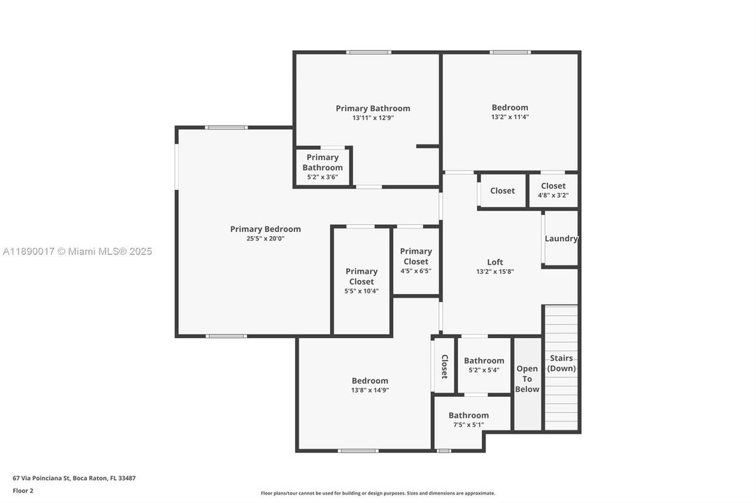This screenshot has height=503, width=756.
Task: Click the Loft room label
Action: [x=495, y=262]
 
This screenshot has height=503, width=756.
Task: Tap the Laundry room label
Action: [x=561, y=238]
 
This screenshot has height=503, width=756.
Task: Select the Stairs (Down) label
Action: [x=561, y=363]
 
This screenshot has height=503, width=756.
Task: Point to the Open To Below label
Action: [x=527, y=379]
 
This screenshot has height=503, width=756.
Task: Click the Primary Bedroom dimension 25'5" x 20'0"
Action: [x=265, y=238]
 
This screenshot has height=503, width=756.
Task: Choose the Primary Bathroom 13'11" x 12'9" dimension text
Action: [x=373, y=118]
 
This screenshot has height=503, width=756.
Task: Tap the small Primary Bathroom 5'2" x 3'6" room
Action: [x=322, y=167]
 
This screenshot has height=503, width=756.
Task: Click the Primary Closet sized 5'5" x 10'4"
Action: [x=362, y=281]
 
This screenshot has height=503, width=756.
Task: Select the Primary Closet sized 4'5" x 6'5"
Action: [x=416, y=261]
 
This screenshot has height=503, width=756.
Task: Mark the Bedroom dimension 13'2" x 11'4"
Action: [x=510, y=117]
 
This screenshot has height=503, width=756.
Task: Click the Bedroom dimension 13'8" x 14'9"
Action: [x=370, y=391]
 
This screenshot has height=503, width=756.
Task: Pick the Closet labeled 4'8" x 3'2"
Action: [x=553, y=190]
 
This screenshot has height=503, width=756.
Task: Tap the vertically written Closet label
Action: [x=444, y=366]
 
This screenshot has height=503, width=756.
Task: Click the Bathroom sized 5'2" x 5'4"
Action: [x=484, y=365]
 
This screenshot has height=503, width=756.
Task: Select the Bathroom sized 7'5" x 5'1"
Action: [x=469, y=420]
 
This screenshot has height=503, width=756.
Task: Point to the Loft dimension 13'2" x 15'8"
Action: [x=495, y=272]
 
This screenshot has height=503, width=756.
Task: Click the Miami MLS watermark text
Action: [x=77, y=251]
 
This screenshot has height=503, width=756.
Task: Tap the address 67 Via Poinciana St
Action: [x=74, y=479]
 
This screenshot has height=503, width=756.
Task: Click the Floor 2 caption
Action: [x=23, y=490]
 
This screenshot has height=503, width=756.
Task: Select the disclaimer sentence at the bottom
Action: [x=378, y=493]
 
